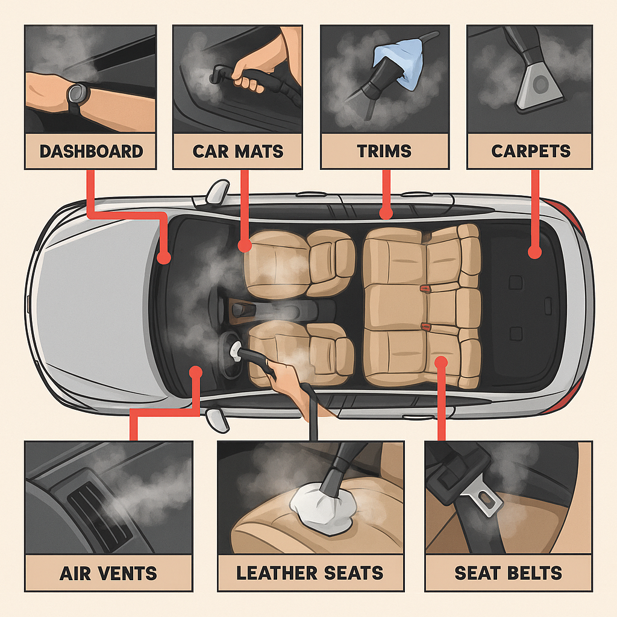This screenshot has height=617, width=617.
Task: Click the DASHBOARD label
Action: point(92,151)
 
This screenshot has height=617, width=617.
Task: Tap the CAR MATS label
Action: point(237,151)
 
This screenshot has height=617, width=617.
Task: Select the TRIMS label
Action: point(384,151)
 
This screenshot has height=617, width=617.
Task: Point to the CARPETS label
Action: point(530,151)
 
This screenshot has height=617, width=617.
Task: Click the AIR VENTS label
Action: point(108,574)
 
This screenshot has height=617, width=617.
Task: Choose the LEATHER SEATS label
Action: point(310,573)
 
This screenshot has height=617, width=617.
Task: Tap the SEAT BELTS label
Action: point(509,573)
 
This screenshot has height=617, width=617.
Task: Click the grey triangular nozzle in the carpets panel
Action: point(539,87)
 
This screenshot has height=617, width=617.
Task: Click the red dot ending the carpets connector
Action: point(534,252)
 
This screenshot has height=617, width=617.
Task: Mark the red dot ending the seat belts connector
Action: point(442,362)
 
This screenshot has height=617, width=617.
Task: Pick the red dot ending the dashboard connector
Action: point(164,257)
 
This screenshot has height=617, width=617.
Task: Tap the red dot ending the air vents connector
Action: point(196,372)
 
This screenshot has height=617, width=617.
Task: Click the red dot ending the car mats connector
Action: point(245,246)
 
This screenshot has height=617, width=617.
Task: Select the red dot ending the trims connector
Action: point(386,213)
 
